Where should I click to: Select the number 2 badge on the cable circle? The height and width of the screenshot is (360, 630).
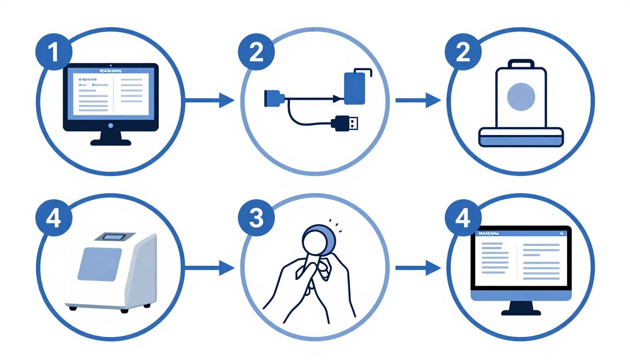click(x=256, y=53)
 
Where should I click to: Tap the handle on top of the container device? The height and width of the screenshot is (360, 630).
click(x=521, y=63)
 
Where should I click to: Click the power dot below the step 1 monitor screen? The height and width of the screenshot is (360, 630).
click(x=111, y=126)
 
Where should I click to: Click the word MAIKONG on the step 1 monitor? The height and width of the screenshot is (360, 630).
click(x=110, y=71)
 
